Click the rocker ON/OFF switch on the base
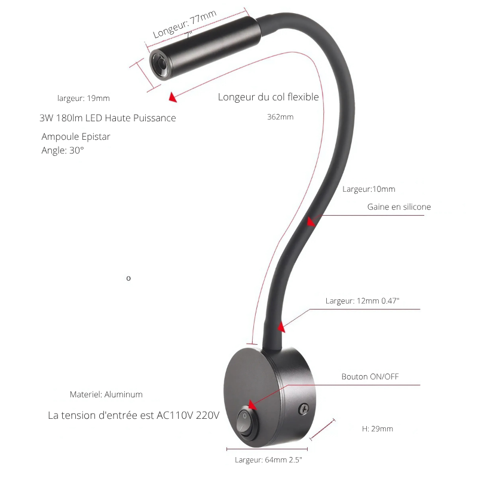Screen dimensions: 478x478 (x=247, y=422)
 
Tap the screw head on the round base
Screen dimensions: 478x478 (x=304, y=409)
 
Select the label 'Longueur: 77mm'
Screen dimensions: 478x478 (x=185, y=24)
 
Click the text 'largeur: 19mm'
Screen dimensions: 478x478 (x=84, y=99)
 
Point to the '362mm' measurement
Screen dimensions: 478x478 (x=280, y=117)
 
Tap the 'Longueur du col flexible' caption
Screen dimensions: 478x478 (x=268, y=97)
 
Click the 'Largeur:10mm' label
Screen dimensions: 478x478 (x=369, y=189)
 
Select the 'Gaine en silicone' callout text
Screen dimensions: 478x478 (x=399, y=207)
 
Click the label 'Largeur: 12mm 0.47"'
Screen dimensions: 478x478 (x=362, y=301)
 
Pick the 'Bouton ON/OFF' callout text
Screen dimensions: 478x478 (x=370, y=377)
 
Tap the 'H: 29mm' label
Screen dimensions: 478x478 (x=378, y=429)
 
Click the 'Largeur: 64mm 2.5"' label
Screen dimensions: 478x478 (x=268, y=459)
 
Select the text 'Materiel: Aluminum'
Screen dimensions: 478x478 (x=106, y=394)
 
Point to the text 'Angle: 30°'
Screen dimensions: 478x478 (x=63, y=151)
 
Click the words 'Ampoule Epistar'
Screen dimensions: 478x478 (x=76, y=137)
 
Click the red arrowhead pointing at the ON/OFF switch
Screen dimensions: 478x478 (x=252, y=405)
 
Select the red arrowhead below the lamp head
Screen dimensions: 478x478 (x=173, y=97)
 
